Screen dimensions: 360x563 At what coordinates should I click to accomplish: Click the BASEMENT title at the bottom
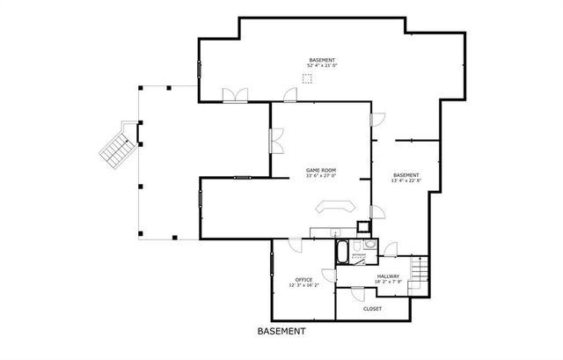(281, 332)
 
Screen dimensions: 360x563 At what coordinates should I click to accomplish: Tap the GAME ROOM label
(320, 169)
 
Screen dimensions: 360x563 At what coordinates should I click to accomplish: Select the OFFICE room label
(303, 280)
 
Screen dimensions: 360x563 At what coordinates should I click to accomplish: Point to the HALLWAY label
(388, 276)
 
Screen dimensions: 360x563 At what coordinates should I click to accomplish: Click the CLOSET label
(372, 308)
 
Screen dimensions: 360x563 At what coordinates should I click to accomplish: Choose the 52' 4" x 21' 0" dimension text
(322, 66)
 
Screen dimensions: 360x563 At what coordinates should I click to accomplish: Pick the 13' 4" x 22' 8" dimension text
(406, 181)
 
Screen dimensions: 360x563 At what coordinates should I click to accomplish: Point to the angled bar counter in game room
(335, 207)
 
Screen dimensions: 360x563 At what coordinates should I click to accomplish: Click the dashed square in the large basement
(306, 78)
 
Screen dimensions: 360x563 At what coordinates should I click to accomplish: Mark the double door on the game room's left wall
(275, 140)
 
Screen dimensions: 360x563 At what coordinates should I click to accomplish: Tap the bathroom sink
(370, 246)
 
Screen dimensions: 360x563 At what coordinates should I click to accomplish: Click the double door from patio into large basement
(234, 96)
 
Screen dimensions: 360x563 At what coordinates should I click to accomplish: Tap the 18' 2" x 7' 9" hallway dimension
(388, 282)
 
